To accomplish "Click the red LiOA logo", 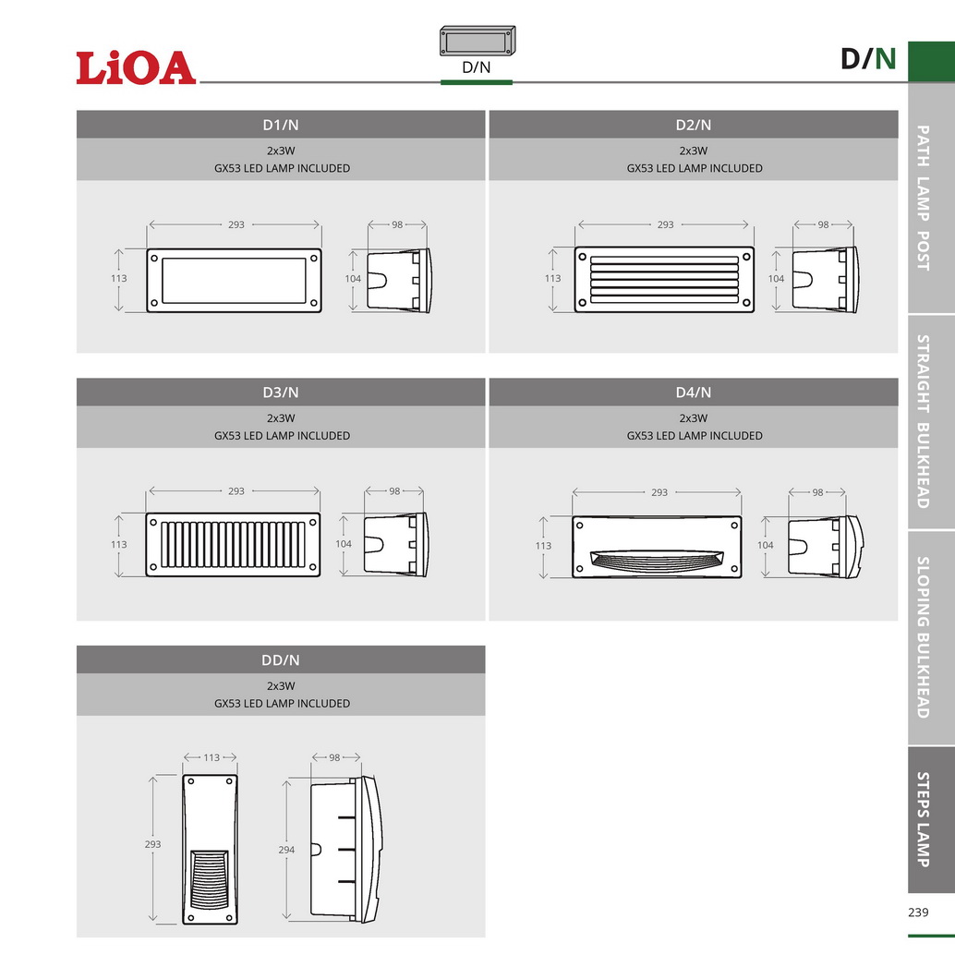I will click(136, 68).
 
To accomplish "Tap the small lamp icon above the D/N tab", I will click(477, 42).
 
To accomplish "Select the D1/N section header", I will click(281, 125).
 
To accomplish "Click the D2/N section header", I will click(694, 125).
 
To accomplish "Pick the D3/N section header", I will click(281, 393).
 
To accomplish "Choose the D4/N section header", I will click(694, 393).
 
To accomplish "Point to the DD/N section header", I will click(281, 660).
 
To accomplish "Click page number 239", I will click(918, 913).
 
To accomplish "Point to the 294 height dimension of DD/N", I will click(286, 850).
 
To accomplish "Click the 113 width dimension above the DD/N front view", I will click(212, 757).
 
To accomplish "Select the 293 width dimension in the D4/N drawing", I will click(659, 492).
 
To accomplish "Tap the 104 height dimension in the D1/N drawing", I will click(353, 278).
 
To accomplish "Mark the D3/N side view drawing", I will click(394, 544).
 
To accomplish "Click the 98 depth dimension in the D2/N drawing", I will click(823, 224).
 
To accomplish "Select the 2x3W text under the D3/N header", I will click(281, 417).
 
